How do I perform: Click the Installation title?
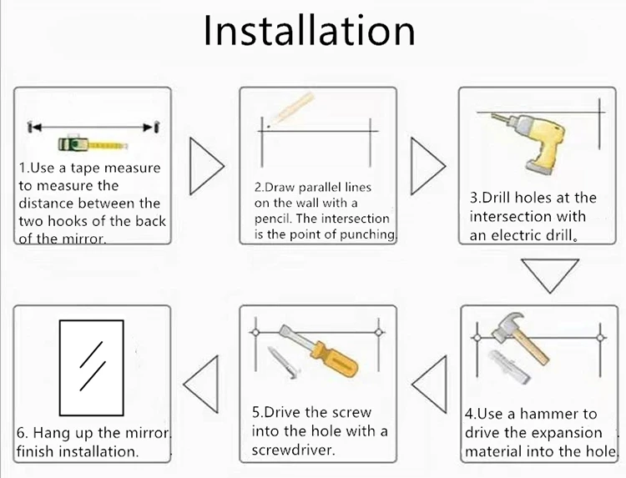click(310, 31)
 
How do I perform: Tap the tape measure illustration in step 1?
click(93, 144)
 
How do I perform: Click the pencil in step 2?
click(292, 108)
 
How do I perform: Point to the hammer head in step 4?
click(507, 326)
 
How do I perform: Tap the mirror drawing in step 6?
click(92, 368)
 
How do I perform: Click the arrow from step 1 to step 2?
click(206, 166)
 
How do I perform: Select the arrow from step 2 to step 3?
click(427, 166)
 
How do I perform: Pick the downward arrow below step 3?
click(550, 276)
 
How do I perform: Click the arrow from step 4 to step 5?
click(430, 385)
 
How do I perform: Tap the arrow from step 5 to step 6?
click(201, 385)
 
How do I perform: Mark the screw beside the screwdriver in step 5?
click(284, 362)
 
